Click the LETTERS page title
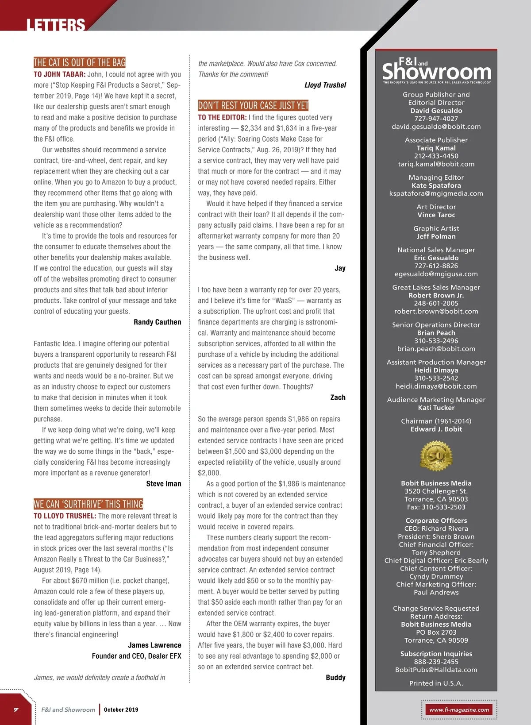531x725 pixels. [x=55, y=25]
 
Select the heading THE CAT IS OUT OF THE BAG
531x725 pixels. [x=80, y=62]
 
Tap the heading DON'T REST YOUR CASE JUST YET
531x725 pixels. [x=253, y=106]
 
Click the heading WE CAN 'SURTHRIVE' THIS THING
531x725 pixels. [x=88, y=504]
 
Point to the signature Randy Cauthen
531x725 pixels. [x=157, y=322]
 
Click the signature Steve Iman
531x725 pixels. [x=163, y=484]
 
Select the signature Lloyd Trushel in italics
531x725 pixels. [x=325, y=85]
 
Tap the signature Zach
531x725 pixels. [x=338, y=397]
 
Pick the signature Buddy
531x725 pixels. [x=335, y=678]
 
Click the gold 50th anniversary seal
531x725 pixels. [x=436, y=456]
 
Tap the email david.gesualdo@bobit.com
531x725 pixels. [x=436, y=127]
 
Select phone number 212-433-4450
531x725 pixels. [x=436, y=156]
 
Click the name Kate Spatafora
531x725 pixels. [x=436, y=185]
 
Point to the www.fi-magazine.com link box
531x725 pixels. [x=459, y=710]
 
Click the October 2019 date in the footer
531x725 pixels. [x=121, y=710]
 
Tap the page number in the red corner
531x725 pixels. [x=16, y=710]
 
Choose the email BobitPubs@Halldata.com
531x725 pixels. [x=436, y=670]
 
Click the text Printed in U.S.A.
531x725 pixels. [x=436, y=683]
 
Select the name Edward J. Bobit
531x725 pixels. [x=436, y=429]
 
